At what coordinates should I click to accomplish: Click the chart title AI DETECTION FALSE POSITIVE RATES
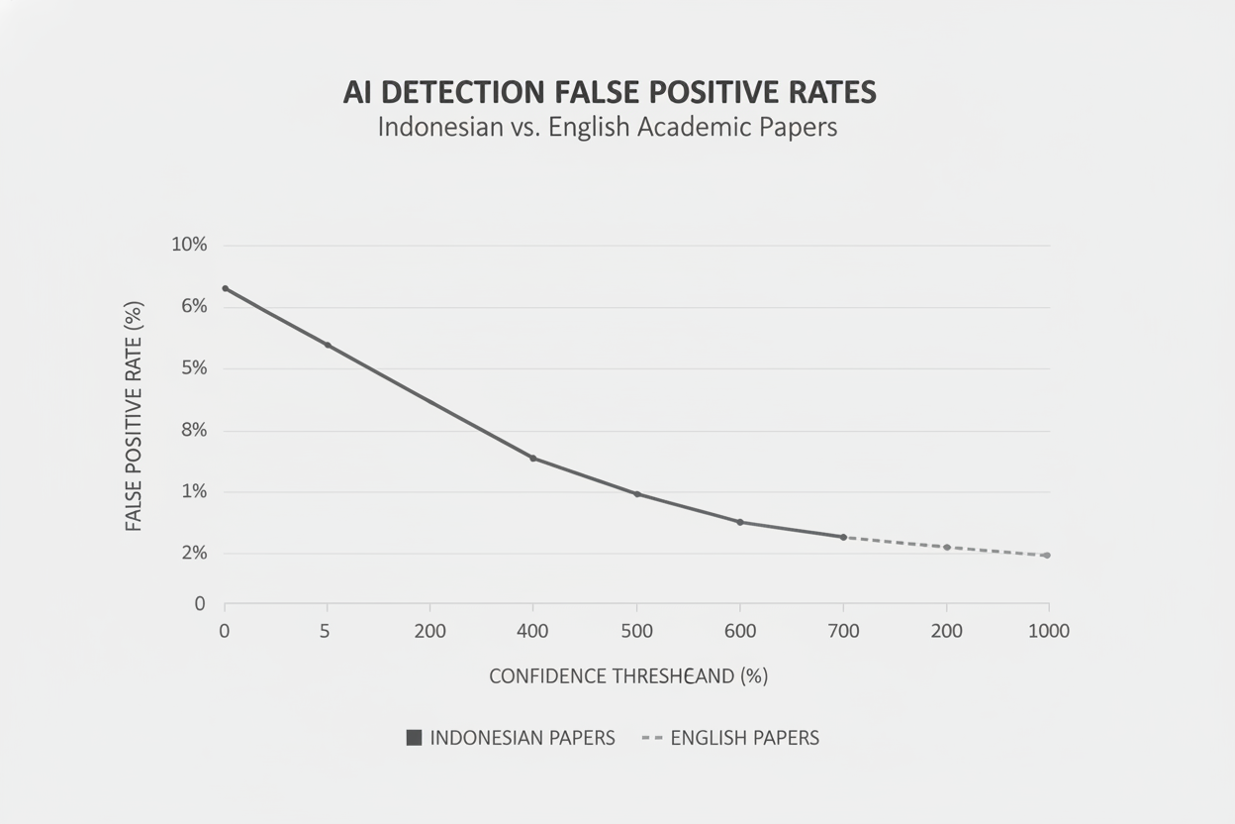[610, 92]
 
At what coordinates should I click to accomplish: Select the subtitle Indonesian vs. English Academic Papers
[608, 128]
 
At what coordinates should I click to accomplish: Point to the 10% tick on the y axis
[189, 245]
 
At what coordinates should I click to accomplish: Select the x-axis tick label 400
[532, 631]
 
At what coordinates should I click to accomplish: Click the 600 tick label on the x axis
[739, 631]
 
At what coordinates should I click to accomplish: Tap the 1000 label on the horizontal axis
[1048, 631]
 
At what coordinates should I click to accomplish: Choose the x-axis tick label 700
[842, 631]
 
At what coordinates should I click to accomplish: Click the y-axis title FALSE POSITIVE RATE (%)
[135, 416]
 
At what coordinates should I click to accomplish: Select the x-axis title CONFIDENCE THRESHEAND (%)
[628, 676]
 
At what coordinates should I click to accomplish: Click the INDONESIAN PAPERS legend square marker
[414, 738]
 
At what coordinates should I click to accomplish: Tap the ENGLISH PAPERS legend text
[744, 738]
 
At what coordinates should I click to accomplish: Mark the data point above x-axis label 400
[532, 458]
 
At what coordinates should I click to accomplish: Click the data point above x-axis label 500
[636, 494]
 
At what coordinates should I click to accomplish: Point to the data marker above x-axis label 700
[843, 537]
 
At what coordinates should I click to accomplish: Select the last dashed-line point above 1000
[1046, 556]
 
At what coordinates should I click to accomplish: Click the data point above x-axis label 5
[328, 345]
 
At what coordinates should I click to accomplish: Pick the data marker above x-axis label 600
[740, 522]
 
